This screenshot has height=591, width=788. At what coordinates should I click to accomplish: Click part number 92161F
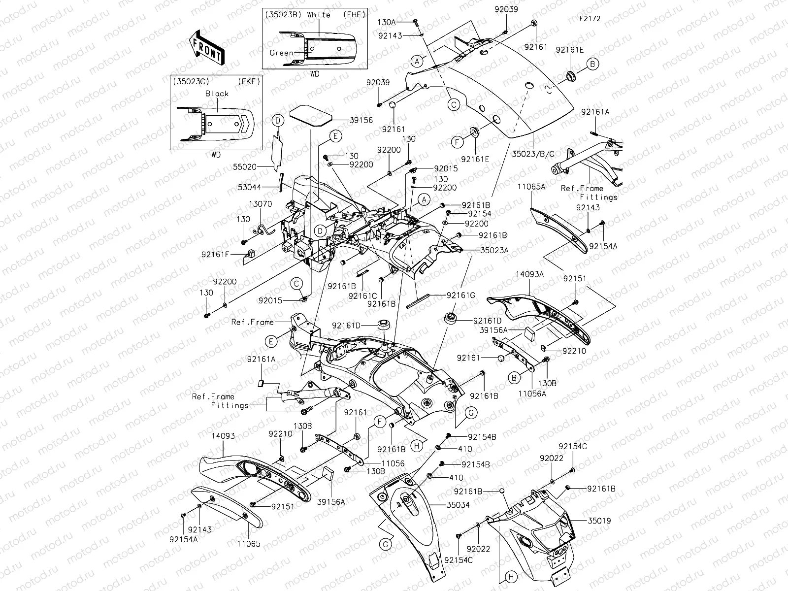click(x=215, y=254)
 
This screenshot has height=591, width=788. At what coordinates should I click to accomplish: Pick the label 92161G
click(x=461, y=295)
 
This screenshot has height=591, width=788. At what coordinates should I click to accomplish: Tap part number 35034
click(x=458, y=505)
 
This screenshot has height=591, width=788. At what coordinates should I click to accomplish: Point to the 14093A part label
click(x=529, y=275)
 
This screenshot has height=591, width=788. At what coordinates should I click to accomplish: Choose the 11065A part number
click(x=531, y=187)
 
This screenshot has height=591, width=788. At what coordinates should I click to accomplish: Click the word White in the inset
click(x=319, y=15)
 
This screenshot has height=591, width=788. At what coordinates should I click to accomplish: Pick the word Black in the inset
click(x=217, y=93)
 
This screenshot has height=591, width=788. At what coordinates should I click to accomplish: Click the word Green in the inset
click(x=281, y=53)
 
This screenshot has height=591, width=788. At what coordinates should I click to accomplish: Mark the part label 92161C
click(x=362, y=296)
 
